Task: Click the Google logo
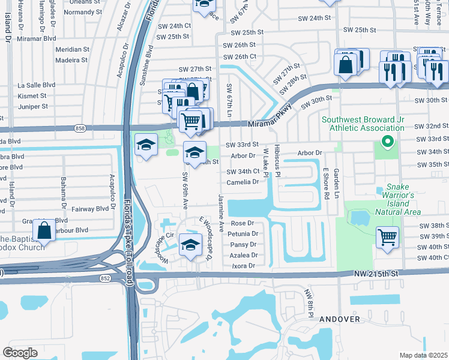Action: click(20, 353)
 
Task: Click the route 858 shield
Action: click(80, 128)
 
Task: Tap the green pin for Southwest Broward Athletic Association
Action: click(388, 142)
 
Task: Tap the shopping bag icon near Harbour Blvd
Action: click(44, 230)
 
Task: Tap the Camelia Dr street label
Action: click(243, 182)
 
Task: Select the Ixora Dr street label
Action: click(244, 265)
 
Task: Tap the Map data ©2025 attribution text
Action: click(423, 355)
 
